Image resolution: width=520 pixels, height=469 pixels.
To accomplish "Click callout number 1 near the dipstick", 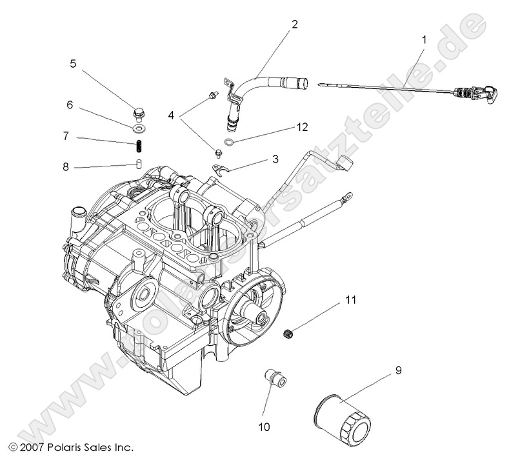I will click(423, 39).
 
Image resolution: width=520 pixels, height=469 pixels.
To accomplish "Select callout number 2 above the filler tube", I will click(294, 25).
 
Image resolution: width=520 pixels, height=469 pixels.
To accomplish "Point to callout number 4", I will click(171, 116).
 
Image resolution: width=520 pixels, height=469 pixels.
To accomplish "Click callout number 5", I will click(73, 63).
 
